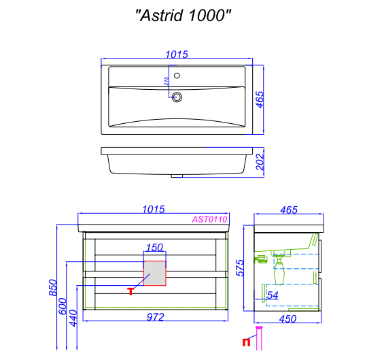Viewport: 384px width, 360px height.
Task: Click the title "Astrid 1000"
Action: pos(184,15)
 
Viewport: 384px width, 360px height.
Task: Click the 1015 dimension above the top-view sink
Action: pos(177,54)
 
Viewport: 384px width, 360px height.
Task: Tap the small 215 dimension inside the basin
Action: pos(167,81)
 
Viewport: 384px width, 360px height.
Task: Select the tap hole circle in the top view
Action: pos(177,76)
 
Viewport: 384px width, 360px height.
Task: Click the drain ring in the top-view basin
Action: pos(177,97)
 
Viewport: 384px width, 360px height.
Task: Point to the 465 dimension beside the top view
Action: pos(260,99)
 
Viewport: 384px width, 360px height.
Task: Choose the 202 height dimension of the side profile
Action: pos(260,162)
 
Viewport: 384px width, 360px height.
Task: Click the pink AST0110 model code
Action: pos(209,219)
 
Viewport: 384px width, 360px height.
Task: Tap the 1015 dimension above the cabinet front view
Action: pos(154,210)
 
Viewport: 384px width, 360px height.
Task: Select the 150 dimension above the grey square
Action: pos(154,248)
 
